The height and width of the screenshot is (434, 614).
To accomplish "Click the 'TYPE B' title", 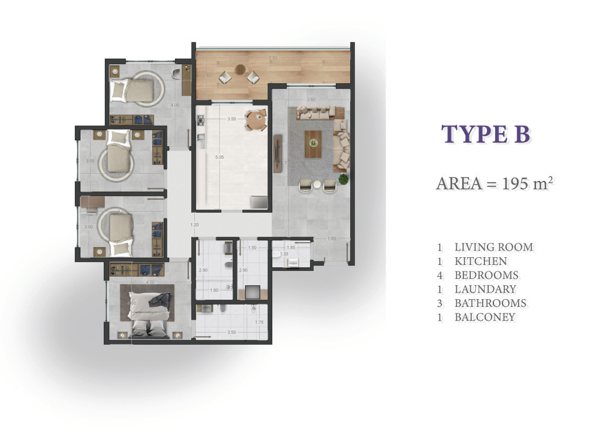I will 486,135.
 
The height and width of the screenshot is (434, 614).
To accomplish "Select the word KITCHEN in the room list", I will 480,261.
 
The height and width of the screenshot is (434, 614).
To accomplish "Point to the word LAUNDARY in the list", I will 485,290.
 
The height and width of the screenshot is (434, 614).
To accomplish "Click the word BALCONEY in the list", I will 484,318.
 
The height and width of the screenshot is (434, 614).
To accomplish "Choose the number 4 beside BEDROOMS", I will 440,276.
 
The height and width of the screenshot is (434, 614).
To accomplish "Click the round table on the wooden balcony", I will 240,70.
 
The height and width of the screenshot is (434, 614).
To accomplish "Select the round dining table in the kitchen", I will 256,119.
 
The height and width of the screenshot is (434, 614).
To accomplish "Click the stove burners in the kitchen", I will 200,120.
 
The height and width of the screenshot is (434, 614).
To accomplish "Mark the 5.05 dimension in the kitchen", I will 219,158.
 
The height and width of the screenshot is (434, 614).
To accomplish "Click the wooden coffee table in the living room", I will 313,144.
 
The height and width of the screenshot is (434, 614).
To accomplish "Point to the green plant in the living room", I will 343,179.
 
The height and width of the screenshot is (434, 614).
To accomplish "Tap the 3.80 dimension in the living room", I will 311,100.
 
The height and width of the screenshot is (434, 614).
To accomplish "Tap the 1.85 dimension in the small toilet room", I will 291,248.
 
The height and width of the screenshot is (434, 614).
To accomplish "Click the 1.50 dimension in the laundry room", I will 252,248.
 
